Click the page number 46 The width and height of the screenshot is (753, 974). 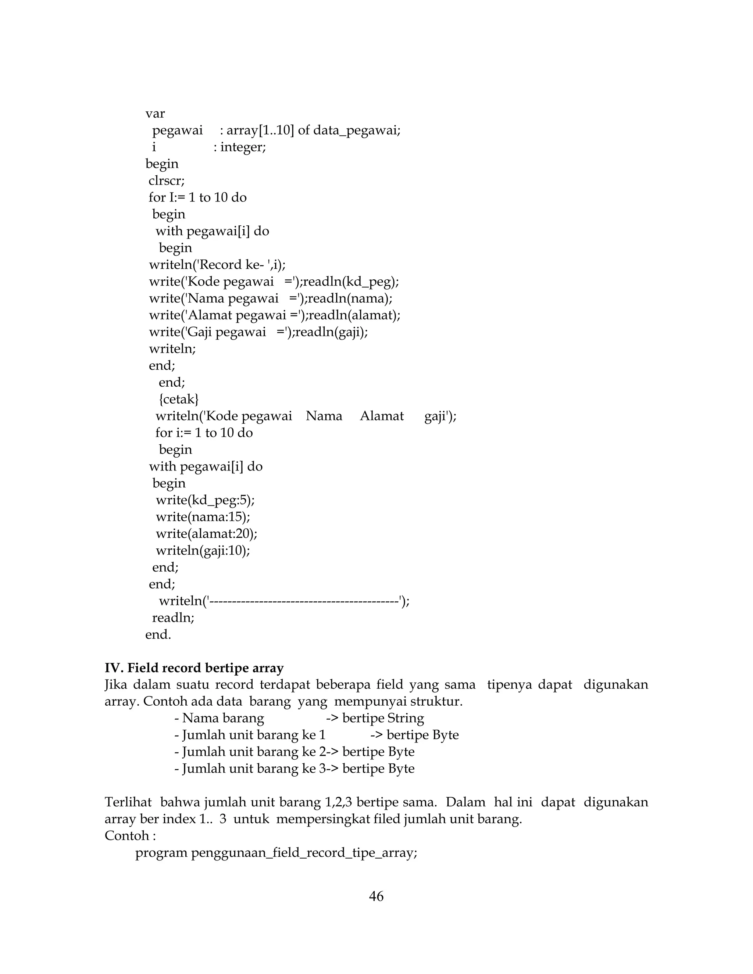[x=376, y=896]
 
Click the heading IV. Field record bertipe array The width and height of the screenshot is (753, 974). [x=194, y=668]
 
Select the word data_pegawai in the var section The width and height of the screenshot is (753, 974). [x=356, y=131]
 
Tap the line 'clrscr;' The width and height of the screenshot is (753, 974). [x=167, y=180]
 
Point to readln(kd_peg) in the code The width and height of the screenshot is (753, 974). [x=351, y=282]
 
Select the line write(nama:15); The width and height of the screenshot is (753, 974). [x=203, y=517]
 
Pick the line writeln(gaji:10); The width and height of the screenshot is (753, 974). [x=203, y=550]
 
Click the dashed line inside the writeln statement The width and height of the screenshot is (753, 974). [x=303, y=601]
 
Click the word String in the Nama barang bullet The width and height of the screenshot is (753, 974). [x=406, y=718]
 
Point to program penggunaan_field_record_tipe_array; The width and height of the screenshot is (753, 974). [x=276, y=853]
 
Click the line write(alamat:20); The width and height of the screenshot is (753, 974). [x=207, y=534]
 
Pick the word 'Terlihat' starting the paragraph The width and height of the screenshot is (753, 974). [x=128, y=802]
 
